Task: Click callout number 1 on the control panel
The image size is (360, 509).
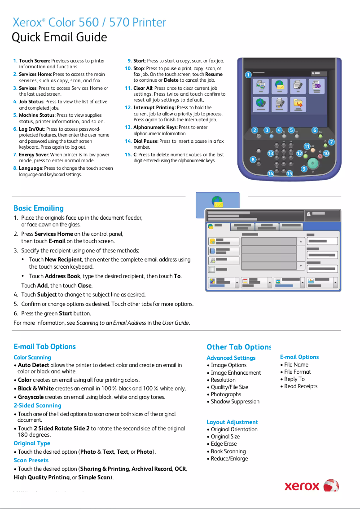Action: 248,75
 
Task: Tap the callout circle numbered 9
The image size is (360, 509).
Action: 304,169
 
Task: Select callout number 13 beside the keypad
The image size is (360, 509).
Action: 271,154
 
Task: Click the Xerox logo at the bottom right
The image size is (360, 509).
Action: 312,486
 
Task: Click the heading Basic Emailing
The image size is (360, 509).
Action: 39,208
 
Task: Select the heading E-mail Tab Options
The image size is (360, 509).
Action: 44,346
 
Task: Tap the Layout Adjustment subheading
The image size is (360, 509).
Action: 232,422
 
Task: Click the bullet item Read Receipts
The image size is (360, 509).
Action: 301,386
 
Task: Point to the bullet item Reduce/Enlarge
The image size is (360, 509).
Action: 229,458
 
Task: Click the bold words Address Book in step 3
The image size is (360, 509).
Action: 62,276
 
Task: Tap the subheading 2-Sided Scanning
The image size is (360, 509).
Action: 37,405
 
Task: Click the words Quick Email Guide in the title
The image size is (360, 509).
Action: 59,37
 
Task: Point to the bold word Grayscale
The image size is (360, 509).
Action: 31,397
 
